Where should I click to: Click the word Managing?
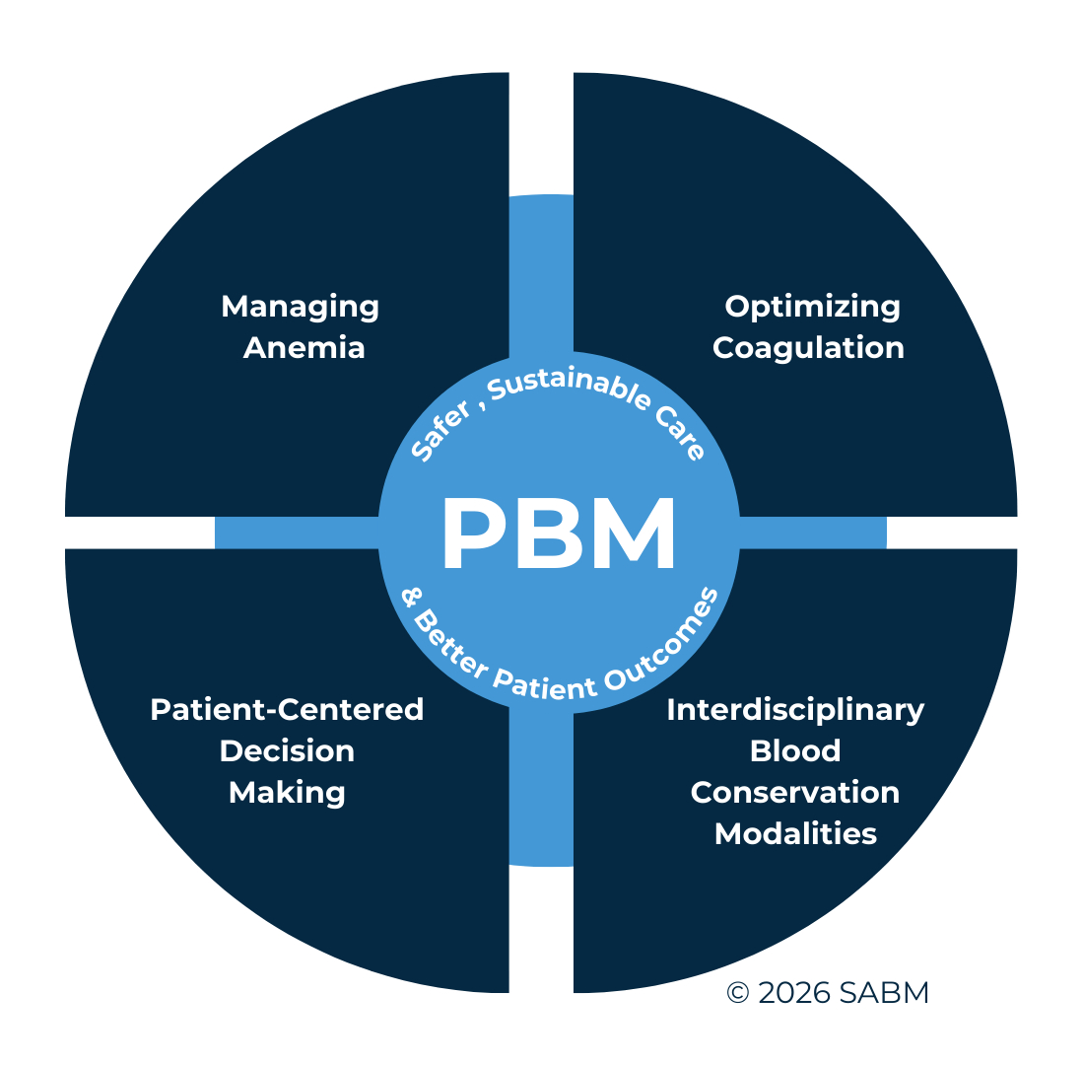(x=300, y=307)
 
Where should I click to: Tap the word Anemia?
(x=304, y=348)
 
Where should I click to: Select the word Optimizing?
(x=812, y=307)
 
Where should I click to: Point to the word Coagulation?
(x=808, y=348)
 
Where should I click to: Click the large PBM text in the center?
(x=559, y=534)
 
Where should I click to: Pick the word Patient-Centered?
(x=287, y=709)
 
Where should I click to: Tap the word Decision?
(x=287, y=751)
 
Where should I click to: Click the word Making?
(x=287, y=793)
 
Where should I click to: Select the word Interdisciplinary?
(x=795, y=709)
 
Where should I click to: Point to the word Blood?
(x=795, y=751)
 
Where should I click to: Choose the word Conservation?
(x=795, y=793)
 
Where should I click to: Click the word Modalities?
(x=795, y=834)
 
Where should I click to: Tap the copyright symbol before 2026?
(x=737, y=994)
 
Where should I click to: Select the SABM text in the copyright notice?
(x=885, y=994)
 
